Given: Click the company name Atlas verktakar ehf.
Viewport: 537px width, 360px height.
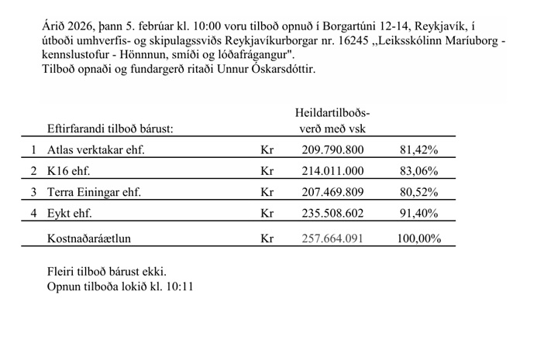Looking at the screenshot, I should point(96,149).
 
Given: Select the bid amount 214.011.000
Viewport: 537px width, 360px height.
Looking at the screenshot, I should point(332,170).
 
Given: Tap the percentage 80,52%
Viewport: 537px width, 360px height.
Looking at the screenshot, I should point(418,192).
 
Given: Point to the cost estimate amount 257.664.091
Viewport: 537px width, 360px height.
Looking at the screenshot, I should point(332,239).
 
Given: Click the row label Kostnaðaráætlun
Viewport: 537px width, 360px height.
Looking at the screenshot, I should point(89,239).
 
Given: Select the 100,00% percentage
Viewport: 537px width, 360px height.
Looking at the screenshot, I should point(418,239).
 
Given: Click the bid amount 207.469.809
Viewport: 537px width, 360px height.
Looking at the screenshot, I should point(332,192).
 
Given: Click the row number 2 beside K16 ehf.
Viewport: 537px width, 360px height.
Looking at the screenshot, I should point(33,170).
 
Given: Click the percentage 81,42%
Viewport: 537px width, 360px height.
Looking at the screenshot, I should point(418,149).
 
